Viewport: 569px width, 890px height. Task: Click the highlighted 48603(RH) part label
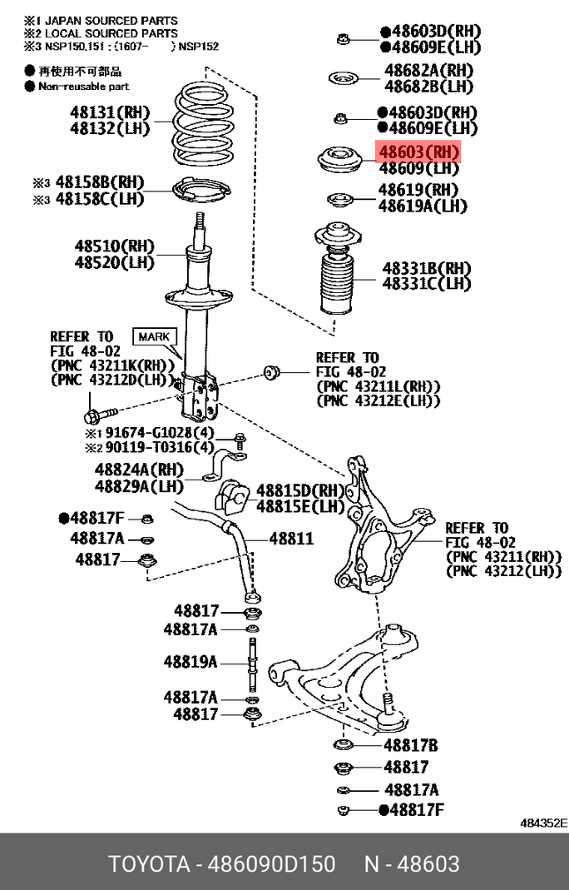418,152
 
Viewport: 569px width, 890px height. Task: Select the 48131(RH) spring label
110,112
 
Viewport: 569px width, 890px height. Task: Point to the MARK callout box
154,336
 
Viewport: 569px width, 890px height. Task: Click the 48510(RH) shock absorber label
114,246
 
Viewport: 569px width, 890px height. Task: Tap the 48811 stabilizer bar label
291,538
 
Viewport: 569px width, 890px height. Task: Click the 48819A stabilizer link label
190,662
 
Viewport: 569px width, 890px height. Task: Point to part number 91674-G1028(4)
160,433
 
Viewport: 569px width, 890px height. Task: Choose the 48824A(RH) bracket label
139,470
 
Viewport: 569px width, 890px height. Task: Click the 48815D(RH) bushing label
300,490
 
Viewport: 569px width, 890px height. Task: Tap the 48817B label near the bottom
411,744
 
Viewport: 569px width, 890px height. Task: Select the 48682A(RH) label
429,71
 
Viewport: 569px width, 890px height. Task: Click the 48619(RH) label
418,189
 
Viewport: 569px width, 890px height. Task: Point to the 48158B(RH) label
100,182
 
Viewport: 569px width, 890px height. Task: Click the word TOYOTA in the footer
149,864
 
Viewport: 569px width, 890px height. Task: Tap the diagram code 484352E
543,823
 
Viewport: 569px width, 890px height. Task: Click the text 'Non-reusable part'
84,87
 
